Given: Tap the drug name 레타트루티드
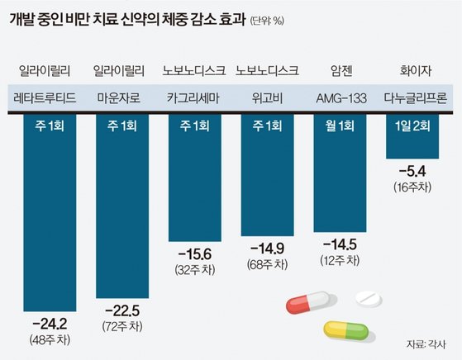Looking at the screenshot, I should (46, 97).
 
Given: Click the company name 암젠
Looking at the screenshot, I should (339, 70).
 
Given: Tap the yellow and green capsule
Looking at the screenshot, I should (345, 330).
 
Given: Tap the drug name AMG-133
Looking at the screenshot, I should (339, 97).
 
